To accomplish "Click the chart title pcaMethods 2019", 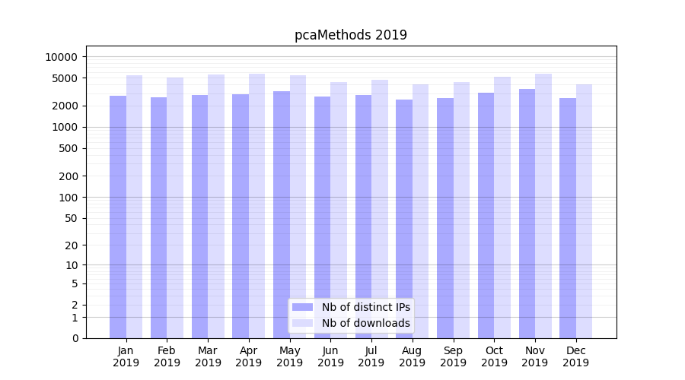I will [x=351, y=35].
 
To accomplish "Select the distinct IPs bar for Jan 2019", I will [x=118, y=217].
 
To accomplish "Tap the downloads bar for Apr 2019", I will [x=256, y=205].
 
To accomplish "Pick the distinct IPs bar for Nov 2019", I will [x=527, y=213].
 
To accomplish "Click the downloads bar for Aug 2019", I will [x=420, y=211].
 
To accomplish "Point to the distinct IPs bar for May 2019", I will [x=282, y=214].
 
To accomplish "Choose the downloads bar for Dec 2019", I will [x=584, y=211].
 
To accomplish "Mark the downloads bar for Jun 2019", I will [x=339, y=210].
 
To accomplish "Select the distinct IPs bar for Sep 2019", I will [x=445, y=217].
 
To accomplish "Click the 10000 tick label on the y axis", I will [x=61, y=57].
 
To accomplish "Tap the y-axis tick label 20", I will [x=72, y=245].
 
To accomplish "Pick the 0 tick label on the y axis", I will [x=75, y=338].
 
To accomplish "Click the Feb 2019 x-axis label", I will [x=167, y=356].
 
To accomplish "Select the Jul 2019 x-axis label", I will [x=371, y=356].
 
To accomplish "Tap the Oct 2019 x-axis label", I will [x=494, y=356].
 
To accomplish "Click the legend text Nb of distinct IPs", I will [x=366, y=307].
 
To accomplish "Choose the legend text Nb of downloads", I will [x=366, y=323].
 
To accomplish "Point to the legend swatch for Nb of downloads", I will [x=302, y=323].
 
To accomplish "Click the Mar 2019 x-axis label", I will [x=208, y=356].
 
